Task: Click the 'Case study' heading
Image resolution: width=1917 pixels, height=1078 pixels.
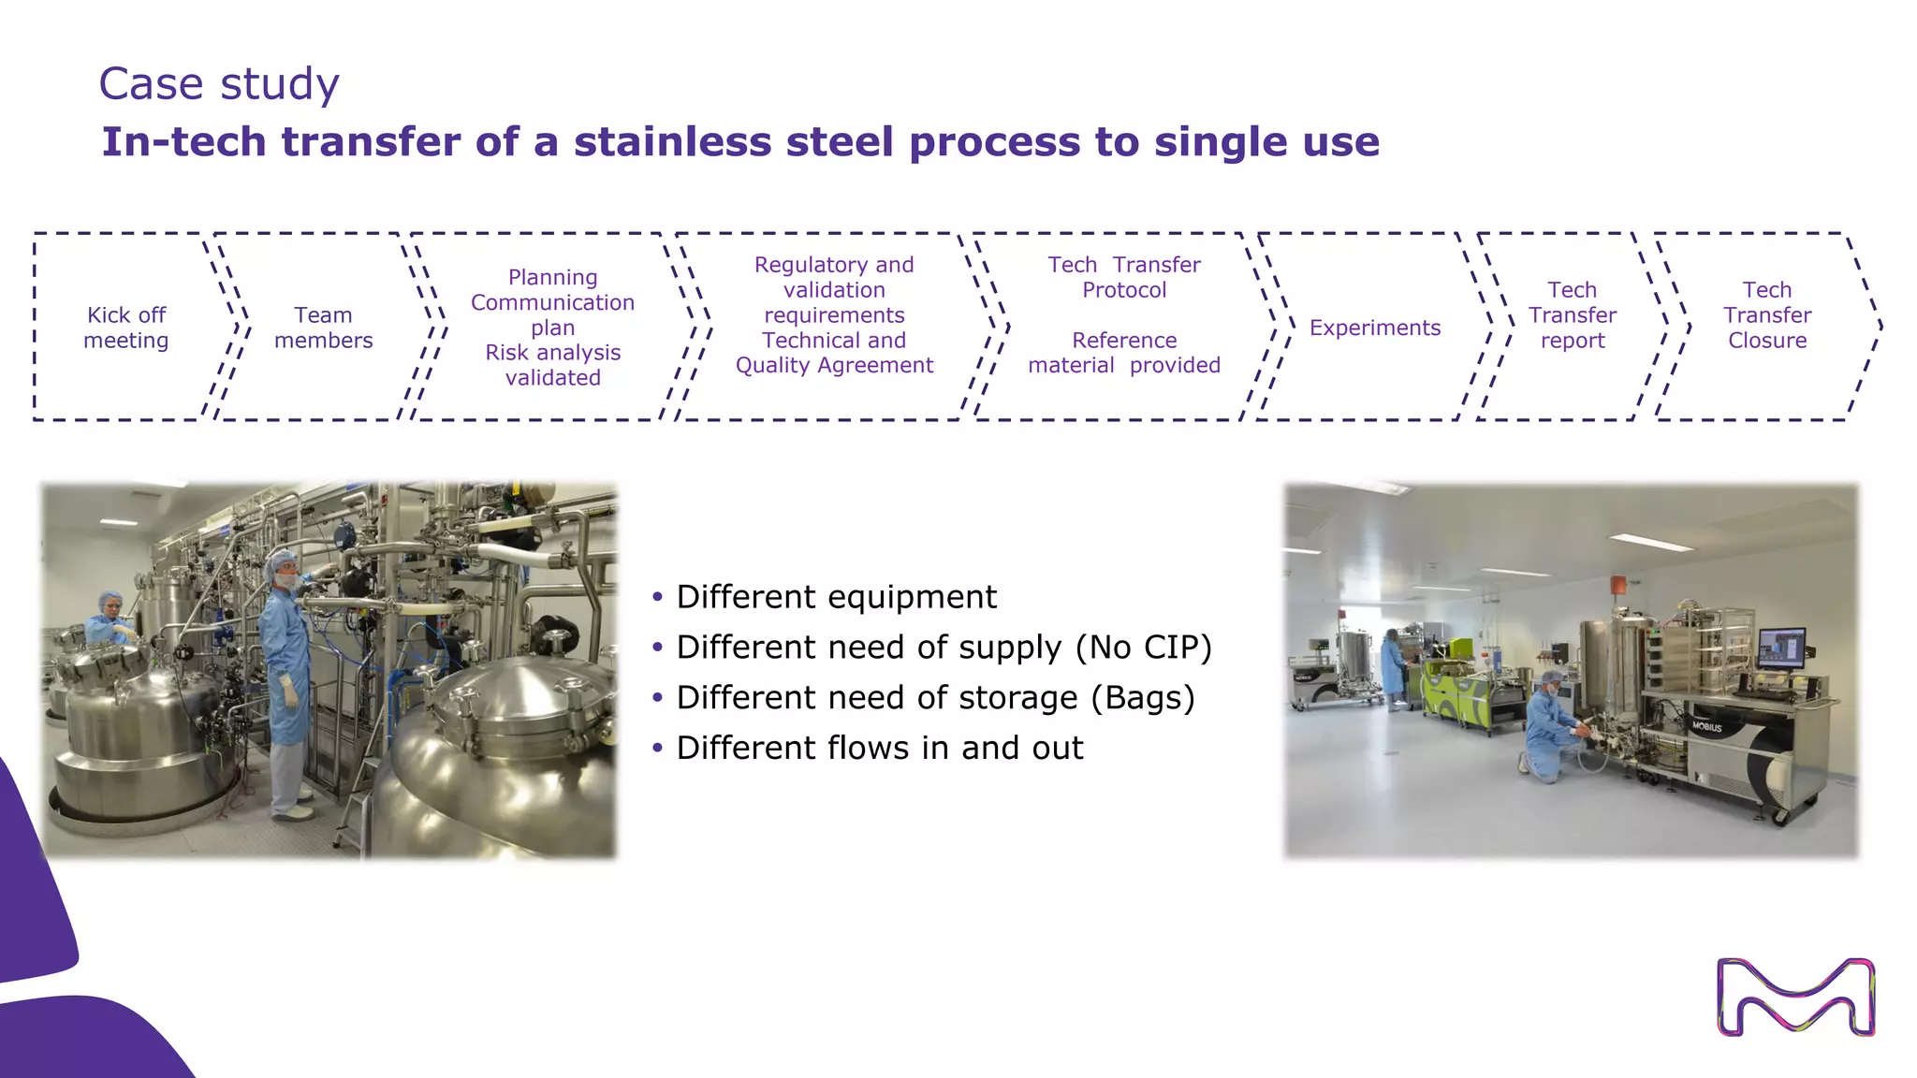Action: tap(218, 84)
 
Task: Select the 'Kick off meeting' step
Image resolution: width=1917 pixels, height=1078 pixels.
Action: tap(126, 328)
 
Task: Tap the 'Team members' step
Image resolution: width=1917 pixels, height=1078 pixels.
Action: tap(323, 328)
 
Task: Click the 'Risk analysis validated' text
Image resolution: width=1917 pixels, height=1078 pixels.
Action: tap(552, 365)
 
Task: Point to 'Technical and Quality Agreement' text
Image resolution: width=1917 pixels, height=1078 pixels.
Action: tap(834, 353)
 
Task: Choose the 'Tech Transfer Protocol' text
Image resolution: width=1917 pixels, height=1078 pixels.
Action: tap(1123, 277)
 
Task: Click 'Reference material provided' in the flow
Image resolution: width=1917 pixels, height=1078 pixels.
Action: tap(1123, 353)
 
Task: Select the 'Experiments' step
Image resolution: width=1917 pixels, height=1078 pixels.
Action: tap(1374, 328)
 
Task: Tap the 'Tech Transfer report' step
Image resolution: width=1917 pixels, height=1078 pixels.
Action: tap(1572, 315)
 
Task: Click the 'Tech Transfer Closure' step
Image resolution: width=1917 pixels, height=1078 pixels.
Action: tap(1766, 315)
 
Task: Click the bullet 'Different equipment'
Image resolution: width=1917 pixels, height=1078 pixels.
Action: tap(835, 597)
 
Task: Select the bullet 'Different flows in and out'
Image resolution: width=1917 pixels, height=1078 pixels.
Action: tap(878, 749)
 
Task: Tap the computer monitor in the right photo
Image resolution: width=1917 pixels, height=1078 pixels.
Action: tap(1781, 648)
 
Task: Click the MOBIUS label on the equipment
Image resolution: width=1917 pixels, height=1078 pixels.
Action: tap(1706, 727)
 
